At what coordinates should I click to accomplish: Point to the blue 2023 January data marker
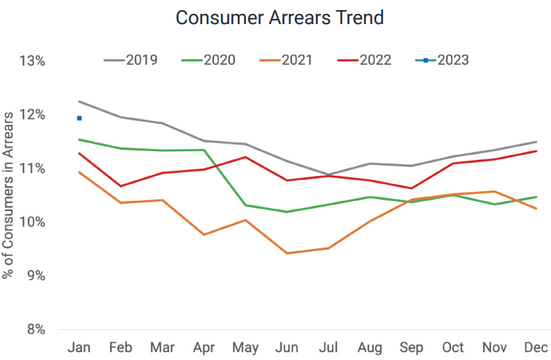click(x=79, y=118)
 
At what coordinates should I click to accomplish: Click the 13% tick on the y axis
click(x=32, y=61)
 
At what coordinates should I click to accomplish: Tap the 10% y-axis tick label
click(x=32, y=222)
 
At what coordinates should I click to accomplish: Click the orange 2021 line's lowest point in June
click(x=287, y=253)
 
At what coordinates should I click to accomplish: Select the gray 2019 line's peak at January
click(x=79, y=102)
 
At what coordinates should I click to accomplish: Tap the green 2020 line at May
click(x=245, y=205)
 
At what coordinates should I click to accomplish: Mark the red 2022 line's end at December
click(x=536, y=151)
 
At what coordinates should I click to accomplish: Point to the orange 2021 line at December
click(x=536, y=209)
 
